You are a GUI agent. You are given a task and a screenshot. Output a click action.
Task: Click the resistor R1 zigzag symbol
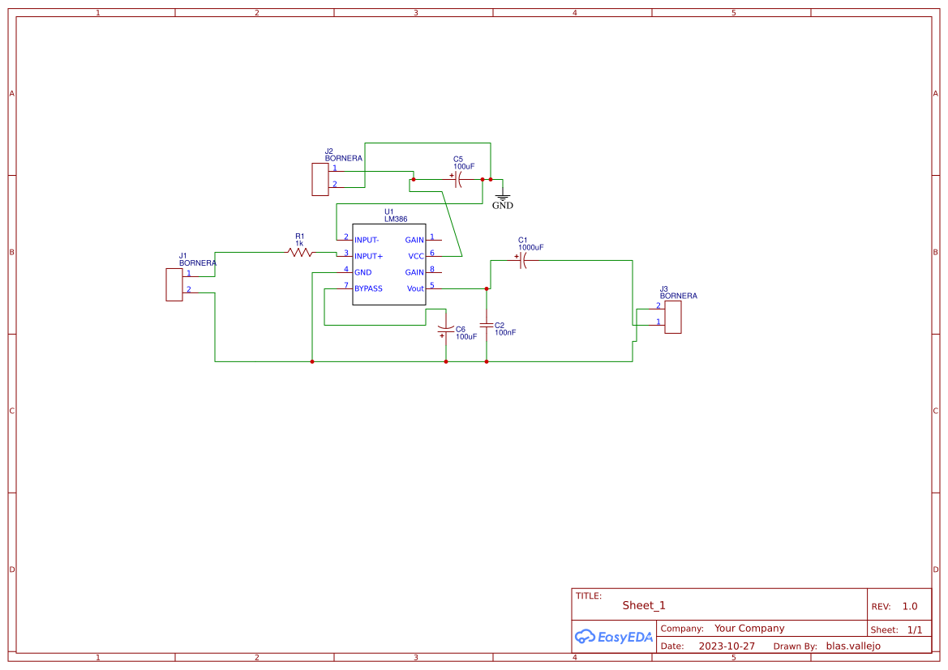pyautogui.click(x=300, y=253)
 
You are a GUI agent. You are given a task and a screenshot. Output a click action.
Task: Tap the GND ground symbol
pyautogui.click(x=503, y=198)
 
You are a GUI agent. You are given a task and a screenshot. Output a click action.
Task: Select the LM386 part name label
pyautogui.click(x=396, y=219)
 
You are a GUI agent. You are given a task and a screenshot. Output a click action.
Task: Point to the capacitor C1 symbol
pyautogui.click(x=521, y=261)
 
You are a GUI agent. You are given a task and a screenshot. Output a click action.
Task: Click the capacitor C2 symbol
pyautogui.click(x=487, y=325)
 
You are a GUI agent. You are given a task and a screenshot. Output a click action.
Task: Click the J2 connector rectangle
pyautogui.click(x=320, y=179)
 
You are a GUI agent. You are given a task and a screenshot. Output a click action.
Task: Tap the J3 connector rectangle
pyautogui.click(x=672, y=317)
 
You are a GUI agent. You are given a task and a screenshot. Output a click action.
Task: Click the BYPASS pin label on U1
pyautogui.click(x=368, y=288)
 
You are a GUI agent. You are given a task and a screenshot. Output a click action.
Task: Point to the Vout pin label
pyautogui.click(x=415, y=288)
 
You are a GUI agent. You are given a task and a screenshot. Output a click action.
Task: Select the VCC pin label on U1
pyautogui.click(x=416, y=256)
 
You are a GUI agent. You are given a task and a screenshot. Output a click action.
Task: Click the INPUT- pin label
pyautogui.click(x=367, y=240)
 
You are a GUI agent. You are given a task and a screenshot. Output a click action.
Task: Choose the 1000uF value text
pyautogui.click(x=530, y=247)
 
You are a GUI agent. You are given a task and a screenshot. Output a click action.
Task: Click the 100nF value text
pyautogui.click(x=505, y=332)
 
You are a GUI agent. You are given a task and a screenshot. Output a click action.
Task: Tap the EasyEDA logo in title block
pyautogui.click(x=614, y=637)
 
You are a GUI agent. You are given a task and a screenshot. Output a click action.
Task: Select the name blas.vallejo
pyautogui.click(x=853, y=647)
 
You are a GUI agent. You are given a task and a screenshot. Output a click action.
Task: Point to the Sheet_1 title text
pyautogui.click(x=644, y=605)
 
